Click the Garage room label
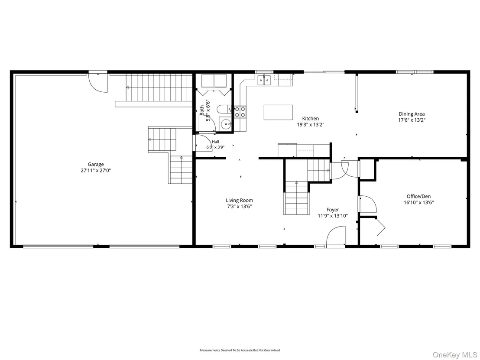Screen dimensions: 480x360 [96, 164]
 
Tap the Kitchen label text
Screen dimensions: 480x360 [311, 118]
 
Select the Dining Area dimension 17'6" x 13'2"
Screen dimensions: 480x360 [412, 120]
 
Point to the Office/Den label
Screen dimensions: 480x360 [419, 197]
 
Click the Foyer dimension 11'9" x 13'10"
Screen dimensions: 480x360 [333, 216]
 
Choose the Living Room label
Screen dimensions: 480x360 [240, 201]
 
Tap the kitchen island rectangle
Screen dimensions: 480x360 [278, 112]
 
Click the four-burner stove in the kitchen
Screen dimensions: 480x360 [240, 112]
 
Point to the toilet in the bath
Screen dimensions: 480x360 [224, 109]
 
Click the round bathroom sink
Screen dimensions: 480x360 [226, 124]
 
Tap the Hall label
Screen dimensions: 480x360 [215, 142]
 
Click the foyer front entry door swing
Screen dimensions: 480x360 [336, 236]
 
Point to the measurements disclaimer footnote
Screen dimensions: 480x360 [240, 350]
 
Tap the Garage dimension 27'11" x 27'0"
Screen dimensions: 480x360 [96, 171]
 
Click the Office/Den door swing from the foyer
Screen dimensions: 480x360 [368, 204]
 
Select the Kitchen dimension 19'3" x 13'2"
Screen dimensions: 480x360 [311, 125]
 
